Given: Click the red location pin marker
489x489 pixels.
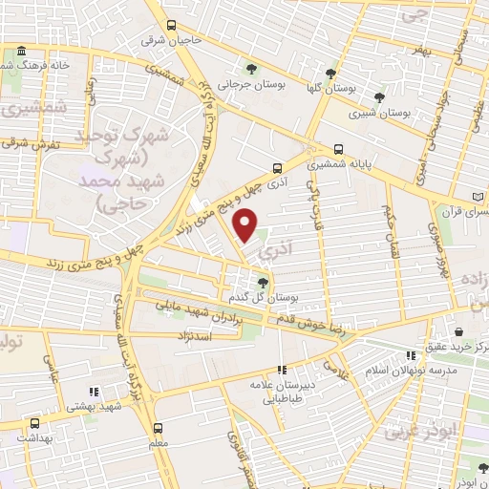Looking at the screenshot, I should [x=245, y=225].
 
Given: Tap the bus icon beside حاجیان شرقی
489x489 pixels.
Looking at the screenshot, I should [x=170, y=26].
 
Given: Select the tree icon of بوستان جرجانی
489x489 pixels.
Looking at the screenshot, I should [x=251, y=69].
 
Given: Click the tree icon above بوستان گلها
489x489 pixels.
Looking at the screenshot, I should [x=330, y=73].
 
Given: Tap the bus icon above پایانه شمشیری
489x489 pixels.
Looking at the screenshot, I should [x=340, y=149].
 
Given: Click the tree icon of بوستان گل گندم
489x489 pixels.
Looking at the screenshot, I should [x=264, y=281].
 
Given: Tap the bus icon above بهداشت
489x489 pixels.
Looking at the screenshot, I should [x=35, y=422].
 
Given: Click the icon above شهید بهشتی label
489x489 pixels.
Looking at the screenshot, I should [x=93, y=392].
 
